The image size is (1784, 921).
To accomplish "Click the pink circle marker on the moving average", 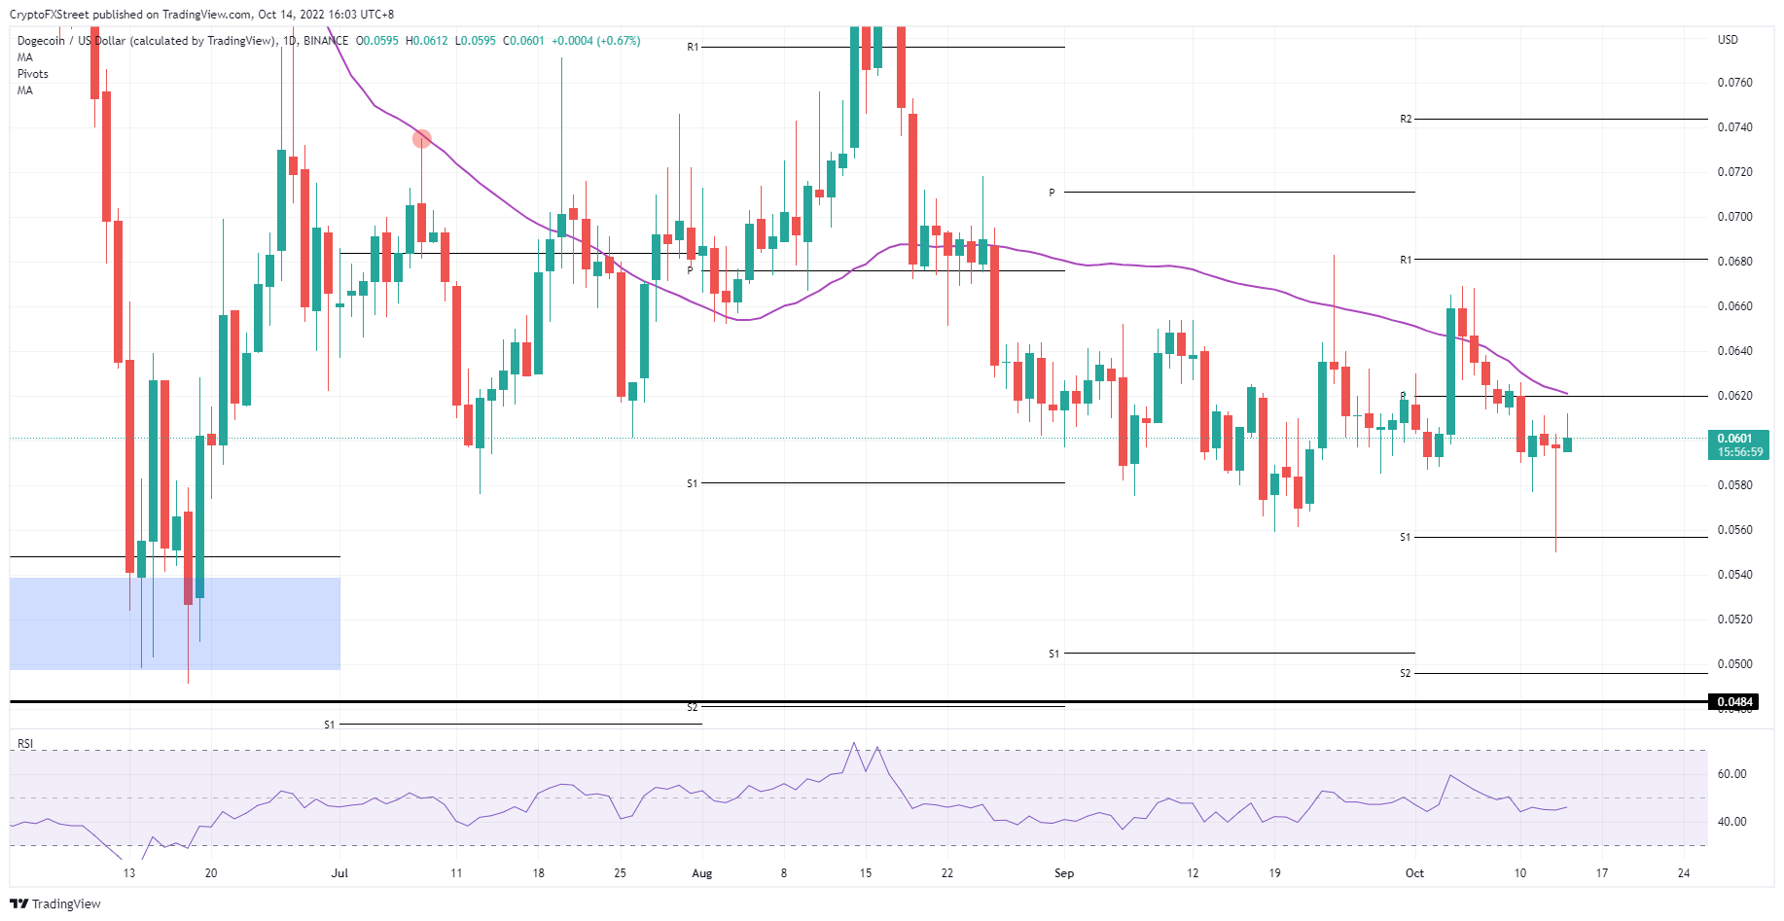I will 421,139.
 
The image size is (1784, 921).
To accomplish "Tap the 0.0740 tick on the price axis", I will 1734,127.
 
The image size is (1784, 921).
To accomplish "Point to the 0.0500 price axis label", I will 1734,664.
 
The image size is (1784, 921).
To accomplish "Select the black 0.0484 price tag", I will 1734,702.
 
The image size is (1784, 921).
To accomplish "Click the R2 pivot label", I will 1406,119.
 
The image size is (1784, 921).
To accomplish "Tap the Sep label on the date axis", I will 1064,873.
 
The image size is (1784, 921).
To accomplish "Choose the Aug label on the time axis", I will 701,873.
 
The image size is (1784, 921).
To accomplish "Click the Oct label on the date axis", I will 1414,873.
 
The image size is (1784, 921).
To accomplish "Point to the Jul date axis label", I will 339,873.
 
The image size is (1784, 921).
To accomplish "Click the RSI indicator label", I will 25,744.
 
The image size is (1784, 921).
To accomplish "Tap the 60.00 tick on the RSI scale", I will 1731,774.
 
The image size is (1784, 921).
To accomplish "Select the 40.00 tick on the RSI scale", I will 1731,822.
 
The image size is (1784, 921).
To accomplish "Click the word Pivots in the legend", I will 33,74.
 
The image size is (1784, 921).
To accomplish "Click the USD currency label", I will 1728,40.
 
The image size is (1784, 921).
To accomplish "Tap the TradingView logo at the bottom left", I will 56,903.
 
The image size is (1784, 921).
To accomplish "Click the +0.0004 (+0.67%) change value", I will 595,41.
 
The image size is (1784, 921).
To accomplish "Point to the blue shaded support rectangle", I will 175,623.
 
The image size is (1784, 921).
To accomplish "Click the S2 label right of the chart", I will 1405,673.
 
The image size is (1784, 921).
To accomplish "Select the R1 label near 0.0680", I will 1406,260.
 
